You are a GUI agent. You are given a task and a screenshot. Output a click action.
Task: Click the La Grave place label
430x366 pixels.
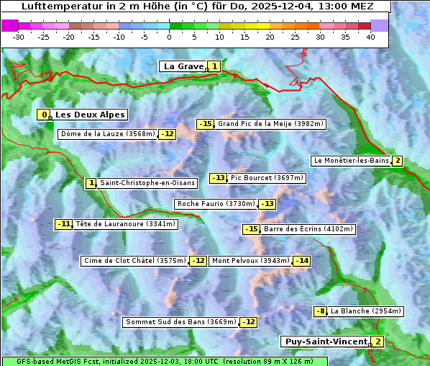pyautogui.click(x=183, y=66)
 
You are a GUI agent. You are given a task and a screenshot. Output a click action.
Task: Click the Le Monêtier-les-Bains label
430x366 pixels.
pyautogui.click(x=350, y=161)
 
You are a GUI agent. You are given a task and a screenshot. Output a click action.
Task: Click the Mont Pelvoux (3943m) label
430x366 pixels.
pyautogui.click(x=250, y=261)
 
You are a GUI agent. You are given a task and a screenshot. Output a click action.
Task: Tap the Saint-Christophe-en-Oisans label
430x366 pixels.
pyautogui.click(x=147, y=183)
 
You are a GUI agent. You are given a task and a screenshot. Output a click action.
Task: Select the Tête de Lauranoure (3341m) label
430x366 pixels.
pyautogui.click(x=125, y=224)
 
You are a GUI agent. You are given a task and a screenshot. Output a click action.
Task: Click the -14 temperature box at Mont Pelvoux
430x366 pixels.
pyautogui.click(x=301, y=261)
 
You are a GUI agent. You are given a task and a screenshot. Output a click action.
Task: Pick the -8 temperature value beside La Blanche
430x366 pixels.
pyautogui.click(x=320, y=311)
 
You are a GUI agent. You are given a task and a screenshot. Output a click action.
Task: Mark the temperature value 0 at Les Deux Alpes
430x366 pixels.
pyautogui.click(x=45, y=115)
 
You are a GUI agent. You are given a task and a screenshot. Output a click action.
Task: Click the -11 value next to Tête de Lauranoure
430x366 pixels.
pyautogui.click(x=64, y=224)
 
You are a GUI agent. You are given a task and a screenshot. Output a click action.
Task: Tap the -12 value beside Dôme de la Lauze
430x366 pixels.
pyautogui.click(x=167, y=134)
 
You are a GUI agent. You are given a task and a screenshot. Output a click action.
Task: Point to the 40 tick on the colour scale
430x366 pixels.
pyautogui.click(x=370, y=37)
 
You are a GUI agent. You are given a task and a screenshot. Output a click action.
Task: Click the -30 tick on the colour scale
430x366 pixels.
pyautogui.click(x=19, y=37)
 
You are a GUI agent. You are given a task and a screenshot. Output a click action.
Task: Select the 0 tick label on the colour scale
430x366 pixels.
pyautogui.click(x=169, y=37)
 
